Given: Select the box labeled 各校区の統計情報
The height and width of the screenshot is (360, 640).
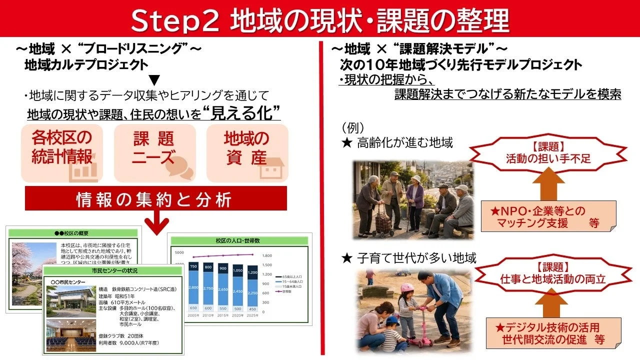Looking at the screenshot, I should pos(62,152).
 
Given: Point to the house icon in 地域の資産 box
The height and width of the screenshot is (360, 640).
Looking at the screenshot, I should pos(272,169).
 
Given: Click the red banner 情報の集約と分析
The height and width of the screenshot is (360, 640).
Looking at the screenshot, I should pos(156,199).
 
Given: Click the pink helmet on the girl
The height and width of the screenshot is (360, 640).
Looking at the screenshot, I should pos(407,288).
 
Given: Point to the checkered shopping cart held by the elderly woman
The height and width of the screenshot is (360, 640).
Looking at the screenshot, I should pos(383,223).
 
